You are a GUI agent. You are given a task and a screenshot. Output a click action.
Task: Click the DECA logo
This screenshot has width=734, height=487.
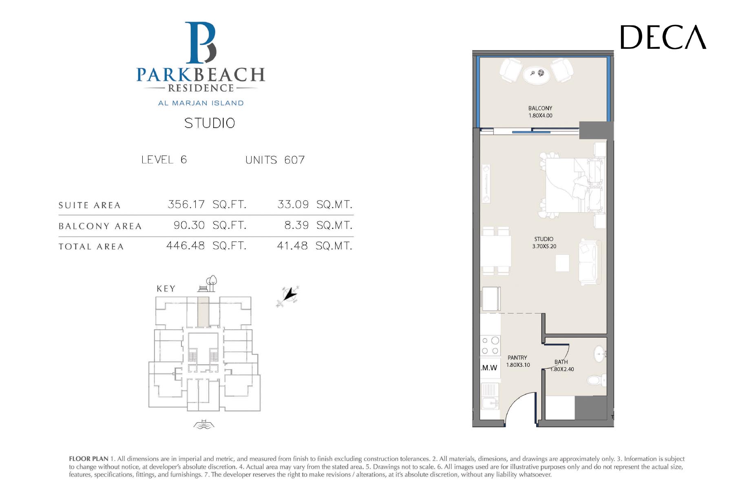tap(663, 37)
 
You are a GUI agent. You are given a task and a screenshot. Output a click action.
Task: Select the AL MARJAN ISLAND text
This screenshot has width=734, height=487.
tap(201, 103)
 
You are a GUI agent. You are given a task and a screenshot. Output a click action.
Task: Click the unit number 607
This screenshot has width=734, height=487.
tap(294, 160)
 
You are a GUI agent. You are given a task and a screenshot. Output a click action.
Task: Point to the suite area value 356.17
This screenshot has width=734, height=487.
tap(186, 204)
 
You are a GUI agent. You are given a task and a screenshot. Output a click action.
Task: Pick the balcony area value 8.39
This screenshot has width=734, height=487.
tap(296, 225)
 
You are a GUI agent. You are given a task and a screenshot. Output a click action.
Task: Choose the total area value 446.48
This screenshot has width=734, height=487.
tap(186, 246)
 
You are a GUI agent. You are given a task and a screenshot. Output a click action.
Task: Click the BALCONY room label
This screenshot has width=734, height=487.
tap(540, 108)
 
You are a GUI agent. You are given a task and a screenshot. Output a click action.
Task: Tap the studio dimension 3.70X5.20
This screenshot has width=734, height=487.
tap(544, 246)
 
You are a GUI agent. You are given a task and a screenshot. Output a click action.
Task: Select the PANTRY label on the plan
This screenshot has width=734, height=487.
tap(517, 358)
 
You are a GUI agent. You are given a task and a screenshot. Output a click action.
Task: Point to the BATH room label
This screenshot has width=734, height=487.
tap(561, 362)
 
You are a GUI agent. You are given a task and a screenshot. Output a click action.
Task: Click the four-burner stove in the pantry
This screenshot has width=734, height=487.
tap(490, 346)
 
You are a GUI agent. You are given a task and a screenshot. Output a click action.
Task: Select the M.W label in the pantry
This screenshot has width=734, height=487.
tap(489, 368)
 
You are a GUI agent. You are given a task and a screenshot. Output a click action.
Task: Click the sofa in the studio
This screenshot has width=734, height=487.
tap(590, 262)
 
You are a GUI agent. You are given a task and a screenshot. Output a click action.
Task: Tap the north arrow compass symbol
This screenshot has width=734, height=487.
tap(289, 295)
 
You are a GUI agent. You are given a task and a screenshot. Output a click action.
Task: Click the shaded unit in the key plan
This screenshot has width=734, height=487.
tap(203, 312)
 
